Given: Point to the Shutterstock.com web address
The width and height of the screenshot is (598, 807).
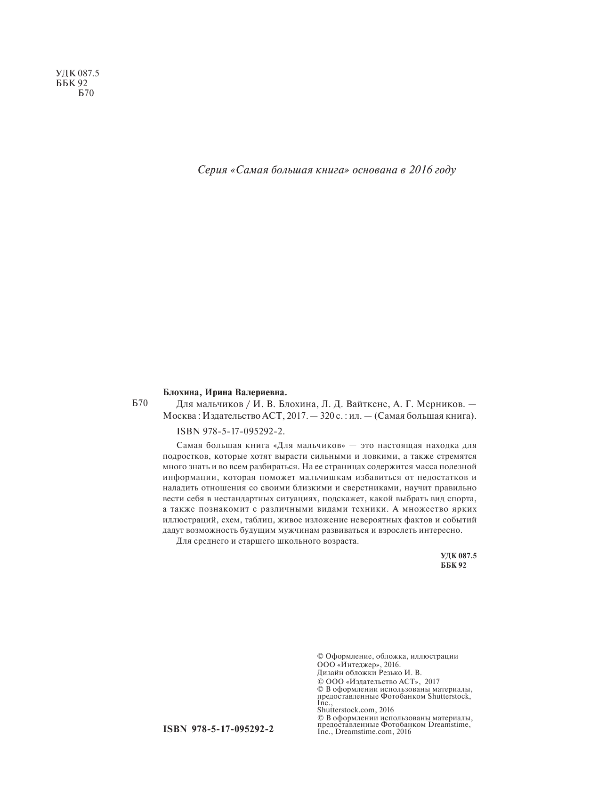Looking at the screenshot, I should [x=347, y=709].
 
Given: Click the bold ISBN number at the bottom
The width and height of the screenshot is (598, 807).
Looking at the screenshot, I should [x=218, y=729].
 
